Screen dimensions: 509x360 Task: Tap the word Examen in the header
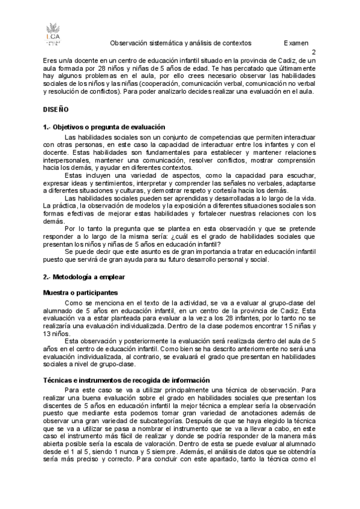296,43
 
